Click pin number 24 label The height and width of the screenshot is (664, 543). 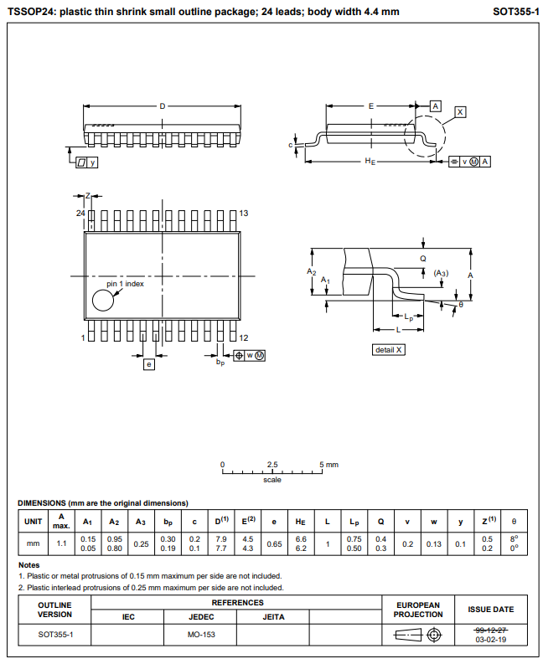[80, 214]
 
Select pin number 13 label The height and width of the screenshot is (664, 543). [244, 214]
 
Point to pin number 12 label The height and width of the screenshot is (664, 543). [244, 337]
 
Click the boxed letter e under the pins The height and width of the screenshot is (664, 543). [149, 364]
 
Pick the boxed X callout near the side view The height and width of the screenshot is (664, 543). [460, 112]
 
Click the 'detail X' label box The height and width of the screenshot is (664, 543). [389, 349]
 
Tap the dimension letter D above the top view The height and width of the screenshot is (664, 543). [163, 106]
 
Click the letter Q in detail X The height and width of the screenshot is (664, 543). [423, 259]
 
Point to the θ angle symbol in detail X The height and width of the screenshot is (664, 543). [460, 305]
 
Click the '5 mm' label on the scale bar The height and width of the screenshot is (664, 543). [329, 464]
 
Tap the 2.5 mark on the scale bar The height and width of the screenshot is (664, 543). [272, 464]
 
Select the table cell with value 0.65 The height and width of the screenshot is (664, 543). [274, 543]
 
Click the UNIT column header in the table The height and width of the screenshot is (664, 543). [34, 521]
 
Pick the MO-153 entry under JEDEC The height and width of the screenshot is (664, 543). [199, 635]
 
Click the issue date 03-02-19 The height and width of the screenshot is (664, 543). [490, 639]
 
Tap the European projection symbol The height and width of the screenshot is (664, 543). [417, 635]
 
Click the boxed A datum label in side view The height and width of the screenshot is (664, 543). [436, 106]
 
